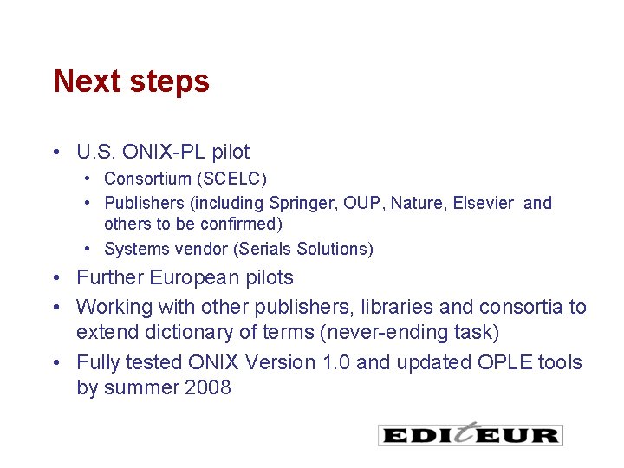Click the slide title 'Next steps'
pos(131,81)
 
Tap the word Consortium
pos(147,179)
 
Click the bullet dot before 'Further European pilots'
pos(55,278)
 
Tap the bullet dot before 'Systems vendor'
pos(88,249)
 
